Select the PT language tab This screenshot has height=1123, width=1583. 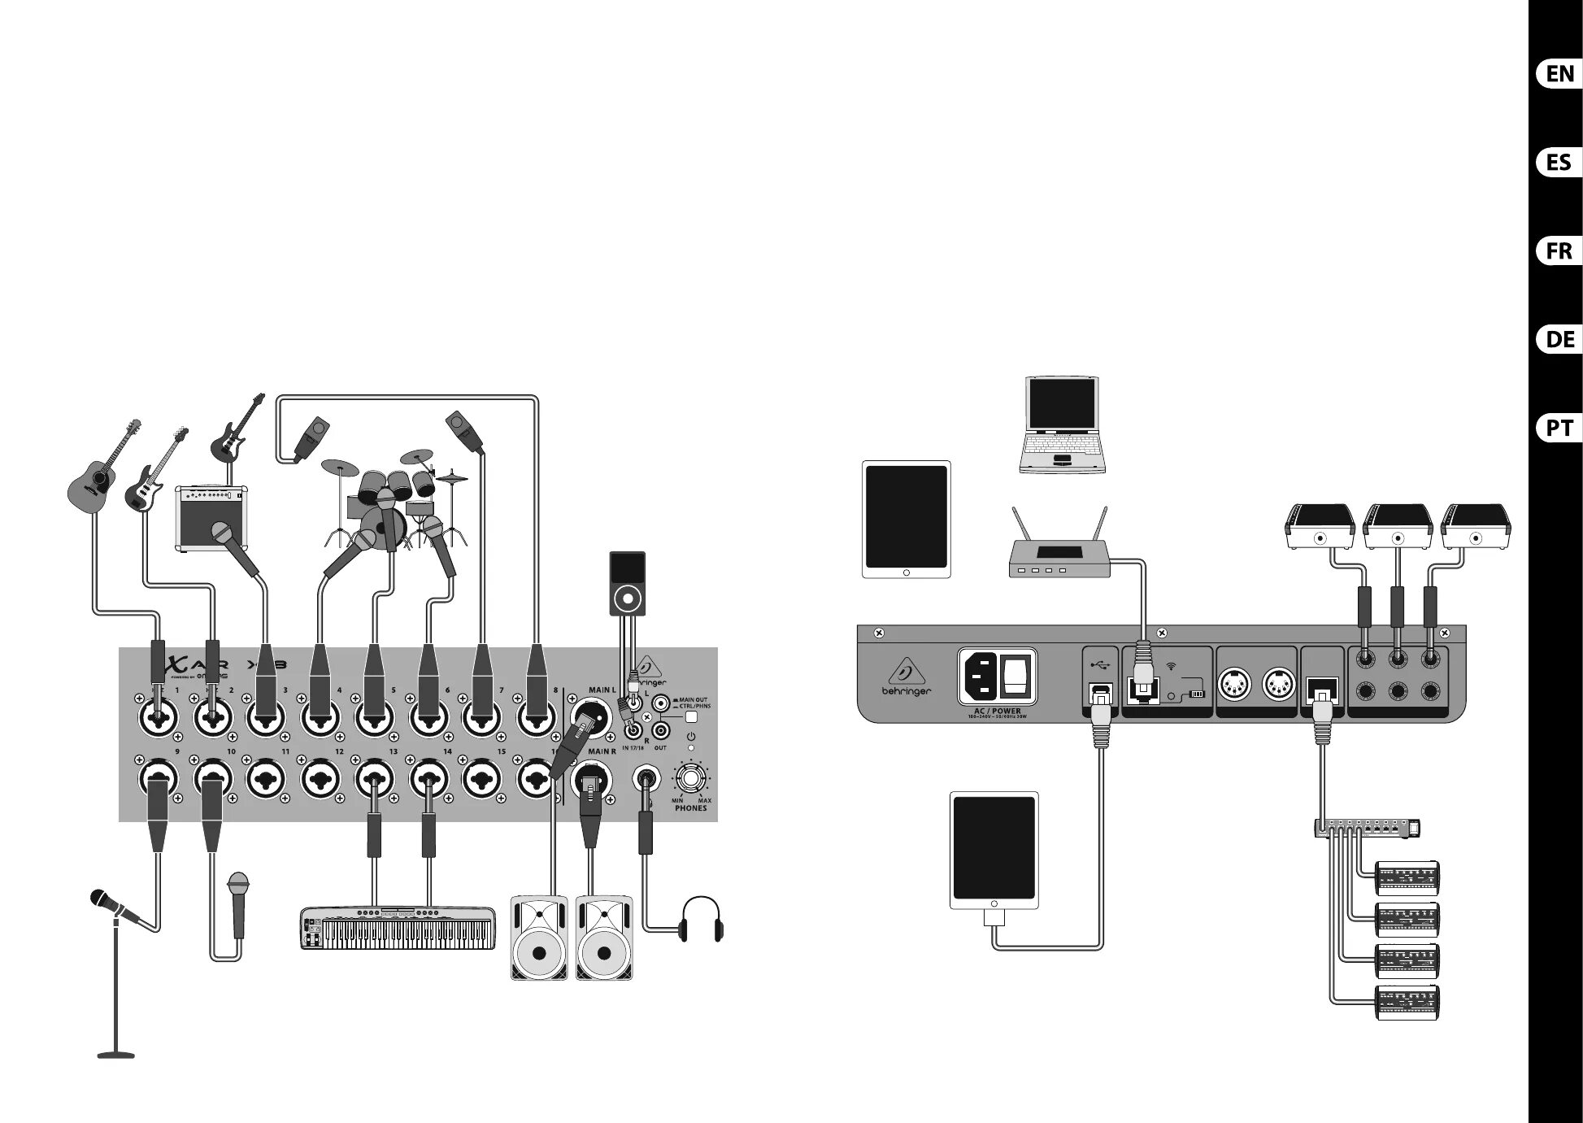(x=1559, y=428)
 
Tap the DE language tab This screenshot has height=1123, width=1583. (x=1559, y=339)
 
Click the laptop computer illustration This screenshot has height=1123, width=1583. (x=1061, y=425)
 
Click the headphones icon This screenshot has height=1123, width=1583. (x=701, y=919)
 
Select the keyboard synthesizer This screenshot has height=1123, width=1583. (x=398, y=928)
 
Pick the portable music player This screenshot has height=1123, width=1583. (x=628, y=584)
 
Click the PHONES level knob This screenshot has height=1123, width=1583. (x=691, y=777)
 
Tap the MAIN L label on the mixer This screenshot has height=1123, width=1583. (x=602, y=690)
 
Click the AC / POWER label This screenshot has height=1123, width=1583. (x=997, y=711)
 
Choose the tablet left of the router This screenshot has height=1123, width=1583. (x=906, y=520)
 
